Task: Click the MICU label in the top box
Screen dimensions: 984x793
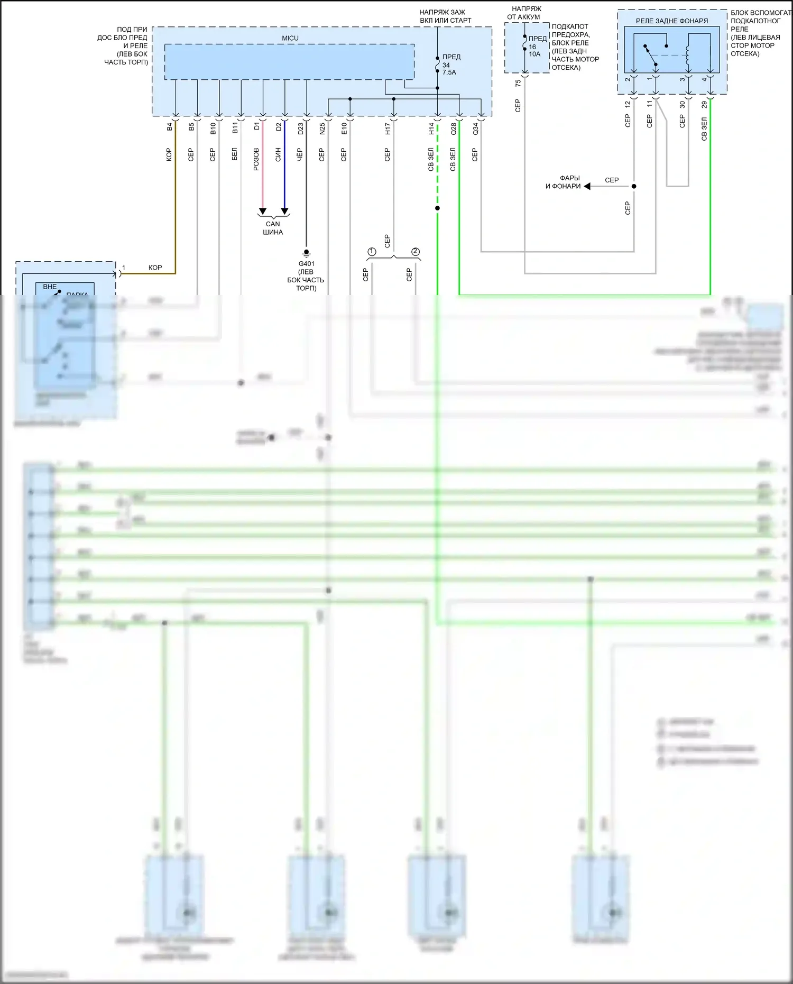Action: click(x=290, y=38)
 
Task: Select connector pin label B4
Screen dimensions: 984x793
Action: click(x=170, y=127)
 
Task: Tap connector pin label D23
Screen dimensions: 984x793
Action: click(x=300, y=128)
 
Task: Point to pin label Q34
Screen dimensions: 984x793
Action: click(x=475, y=128)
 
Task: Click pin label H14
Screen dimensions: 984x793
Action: click(x=431, y=128)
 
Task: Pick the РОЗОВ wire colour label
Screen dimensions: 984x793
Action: click(x=256, y=159)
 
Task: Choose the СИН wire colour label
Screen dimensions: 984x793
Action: click(x=278, y=154)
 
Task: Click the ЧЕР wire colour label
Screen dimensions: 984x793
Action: click(x=300, y=154)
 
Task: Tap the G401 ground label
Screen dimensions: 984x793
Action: click(x=306, y=263)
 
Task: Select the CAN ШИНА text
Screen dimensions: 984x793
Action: click(x=273, y=228)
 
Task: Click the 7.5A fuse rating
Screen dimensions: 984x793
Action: click(x=449, y=72)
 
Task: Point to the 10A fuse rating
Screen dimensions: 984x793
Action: click(x=534, y=54)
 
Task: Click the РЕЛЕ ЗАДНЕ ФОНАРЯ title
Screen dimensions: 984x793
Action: click(x=671, y=21)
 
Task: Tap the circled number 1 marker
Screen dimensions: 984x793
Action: click(x=372, y=252)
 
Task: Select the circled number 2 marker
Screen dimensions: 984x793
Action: click(x=416, y=252)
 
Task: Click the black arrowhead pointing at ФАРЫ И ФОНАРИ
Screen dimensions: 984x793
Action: click(x=587, y=186)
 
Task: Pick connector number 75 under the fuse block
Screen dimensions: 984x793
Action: click(x=518, y=83)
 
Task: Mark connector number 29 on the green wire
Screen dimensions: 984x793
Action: click(x=704, y=105)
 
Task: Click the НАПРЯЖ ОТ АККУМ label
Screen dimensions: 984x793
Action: click(x=526, y=13)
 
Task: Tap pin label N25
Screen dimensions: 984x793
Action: click(x=322, y=128)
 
